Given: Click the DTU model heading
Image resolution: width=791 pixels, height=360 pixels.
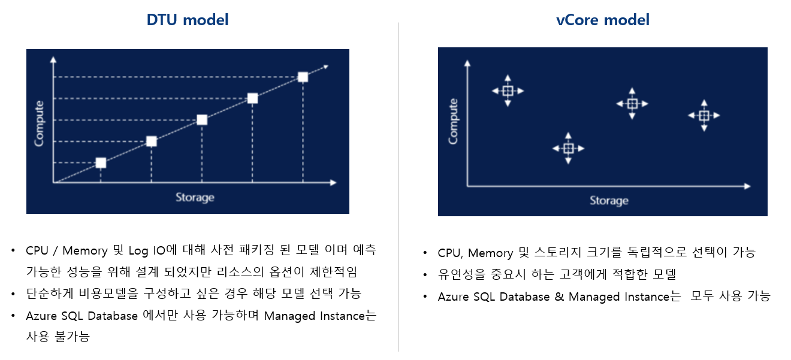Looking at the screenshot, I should coord(188,20).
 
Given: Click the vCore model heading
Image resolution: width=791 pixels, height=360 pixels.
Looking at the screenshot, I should coord(603,20).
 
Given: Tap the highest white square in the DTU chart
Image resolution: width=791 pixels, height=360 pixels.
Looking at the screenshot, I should coord(303,77).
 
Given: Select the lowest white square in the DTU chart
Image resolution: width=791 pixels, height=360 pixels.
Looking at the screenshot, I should coord(101,163).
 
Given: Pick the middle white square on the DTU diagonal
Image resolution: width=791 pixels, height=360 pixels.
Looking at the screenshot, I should coord(202,120).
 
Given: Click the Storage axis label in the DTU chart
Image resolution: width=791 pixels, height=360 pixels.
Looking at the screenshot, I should coord(194,197).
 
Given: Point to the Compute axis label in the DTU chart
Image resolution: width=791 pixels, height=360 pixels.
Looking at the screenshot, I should coord(40,124).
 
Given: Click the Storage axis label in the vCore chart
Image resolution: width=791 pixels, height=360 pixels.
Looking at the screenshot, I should coord(609,200).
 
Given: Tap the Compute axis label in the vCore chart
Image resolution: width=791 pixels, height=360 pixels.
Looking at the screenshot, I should coord(453,121).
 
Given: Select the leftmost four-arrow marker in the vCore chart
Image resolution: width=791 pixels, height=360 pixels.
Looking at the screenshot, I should coord(508,91).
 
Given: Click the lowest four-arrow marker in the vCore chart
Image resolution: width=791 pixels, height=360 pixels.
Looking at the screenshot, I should coord(568,149).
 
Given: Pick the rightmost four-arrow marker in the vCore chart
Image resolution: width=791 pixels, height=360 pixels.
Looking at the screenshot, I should coord(704,116).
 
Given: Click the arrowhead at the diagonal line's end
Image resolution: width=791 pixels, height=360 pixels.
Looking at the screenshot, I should coord(325,66).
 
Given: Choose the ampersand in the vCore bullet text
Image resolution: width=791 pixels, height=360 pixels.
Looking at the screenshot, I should coord(559,297).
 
